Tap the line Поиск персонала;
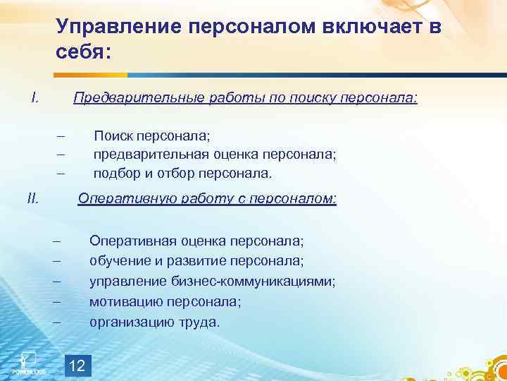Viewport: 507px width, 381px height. click(x=152, y=136)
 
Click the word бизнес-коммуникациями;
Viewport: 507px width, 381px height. click(x=253, y=282)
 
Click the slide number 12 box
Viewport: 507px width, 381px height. click(x=78, y=365)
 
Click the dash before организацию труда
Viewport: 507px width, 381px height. click(x=57, y=322)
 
